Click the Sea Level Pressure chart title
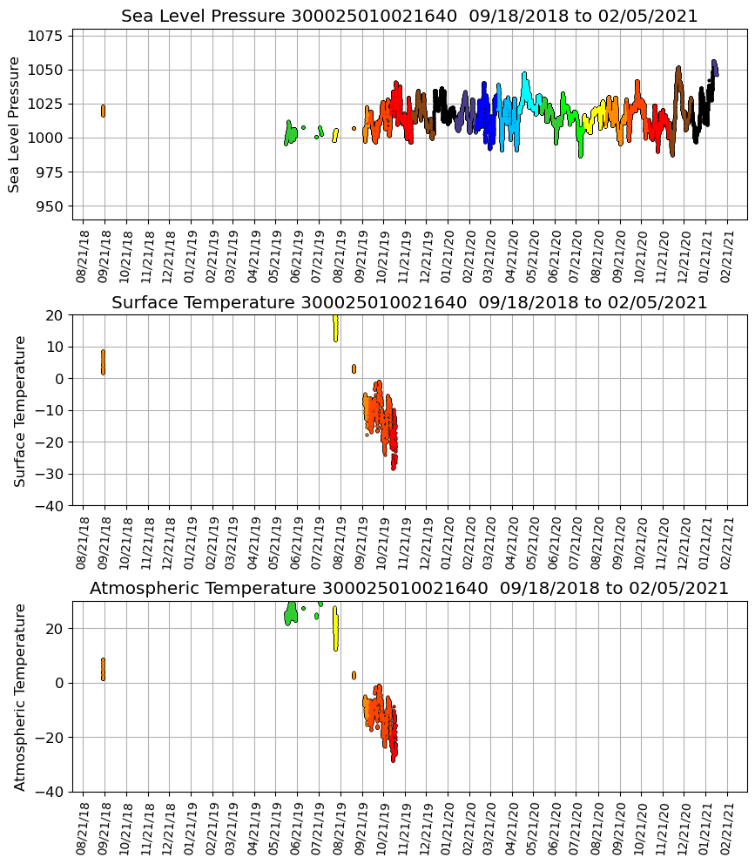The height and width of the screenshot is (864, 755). [x=409, y=17]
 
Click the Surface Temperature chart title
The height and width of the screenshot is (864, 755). [x=409, y=303]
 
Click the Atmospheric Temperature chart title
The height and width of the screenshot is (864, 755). [x=409, y=589]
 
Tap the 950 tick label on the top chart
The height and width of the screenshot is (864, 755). [x=51, y=206]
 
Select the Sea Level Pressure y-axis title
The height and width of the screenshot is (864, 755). [x=15, y=124]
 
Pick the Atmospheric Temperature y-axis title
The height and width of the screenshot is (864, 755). [x=20, y=697]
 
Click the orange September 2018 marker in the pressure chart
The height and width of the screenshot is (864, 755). [x=103, y=111]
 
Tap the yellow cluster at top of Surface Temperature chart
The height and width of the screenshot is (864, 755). [x=335, y=328]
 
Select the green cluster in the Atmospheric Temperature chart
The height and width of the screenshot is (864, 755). [x=291, y=613]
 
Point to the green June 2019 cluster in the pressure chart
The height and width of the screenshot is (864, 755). [x=291, y=134]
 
